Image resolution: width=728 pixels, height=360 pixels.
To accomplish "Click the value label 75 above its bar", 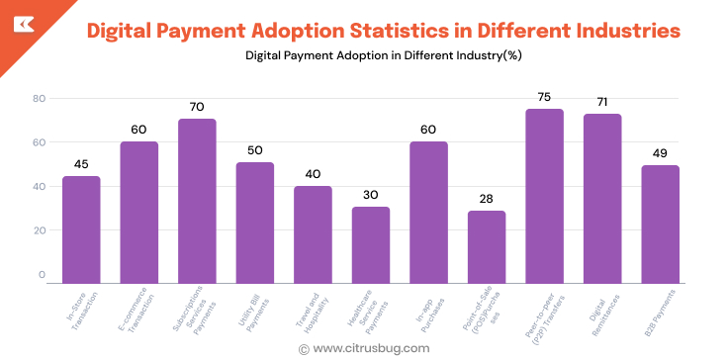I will pos(544,97).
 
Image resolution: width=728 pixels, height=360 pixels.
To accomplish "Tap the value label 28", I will pos(487,199).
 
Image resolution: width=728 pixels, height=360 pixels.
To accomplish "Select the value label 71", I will pos(601,102).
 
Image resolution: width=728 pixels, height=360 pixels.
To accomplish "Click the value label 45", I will pos(81,164).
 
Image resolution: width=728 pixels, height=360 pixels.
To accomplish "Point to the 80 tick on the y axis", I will pos(40,98).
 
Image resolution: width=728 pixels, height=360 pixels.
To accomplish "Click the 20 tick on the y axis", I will pos(40,230).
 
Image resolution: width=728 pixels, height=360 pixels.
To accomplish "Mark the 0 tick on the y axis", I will pos(42,274).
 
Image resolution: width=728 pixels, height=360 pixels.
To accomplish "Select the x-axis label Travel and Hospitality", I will pos(310,311).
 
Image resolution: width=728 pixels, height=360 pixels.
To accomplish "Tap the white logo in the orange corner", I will pos(20,21).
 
